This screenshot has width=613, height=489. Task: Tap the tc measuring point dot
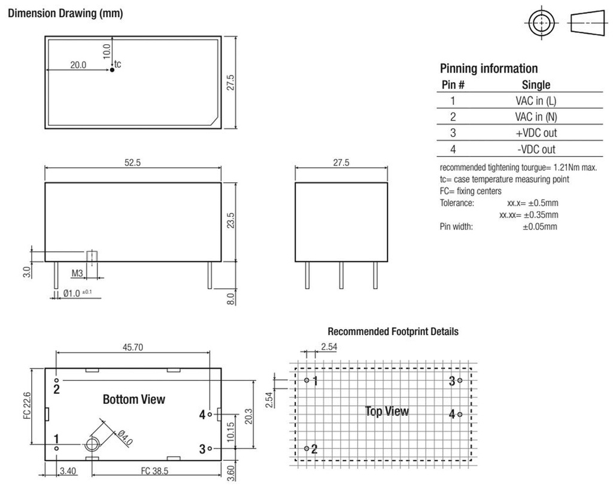pos(111,71)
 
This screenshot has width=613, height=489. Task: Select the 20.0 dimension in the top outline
pos(78,65)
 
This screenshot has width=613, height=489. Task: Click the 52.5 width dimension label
pos(132,163)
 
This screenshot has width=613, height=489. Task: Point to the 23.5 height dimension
pos(230,221)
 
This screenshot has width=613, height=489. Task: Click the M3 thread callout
pos(77,273)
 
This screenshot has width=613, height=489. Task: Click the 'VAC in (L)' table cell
pos(536,101)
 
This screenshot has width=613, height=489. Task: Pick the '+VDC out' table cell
pos(536,133)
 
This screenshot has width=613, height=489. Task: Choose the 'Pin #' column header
pos(453,84)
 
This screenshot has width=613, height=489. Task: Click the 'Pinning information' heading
pos(488,68)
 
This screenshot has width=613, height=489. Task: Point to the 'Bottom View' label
pos(133,399)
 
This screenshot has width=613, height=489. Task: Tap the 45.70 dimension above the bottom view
pos(133,346)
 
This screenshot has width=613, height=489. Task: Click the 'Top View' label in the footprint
pos(387,411)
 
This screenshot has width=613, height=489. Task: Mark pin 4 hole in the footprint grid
pos(460,413)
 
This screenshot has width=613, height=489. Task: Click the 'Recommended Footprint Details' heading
pos(393,331)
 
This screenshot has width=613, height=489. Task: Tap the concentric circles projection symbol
pos(541,23)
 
